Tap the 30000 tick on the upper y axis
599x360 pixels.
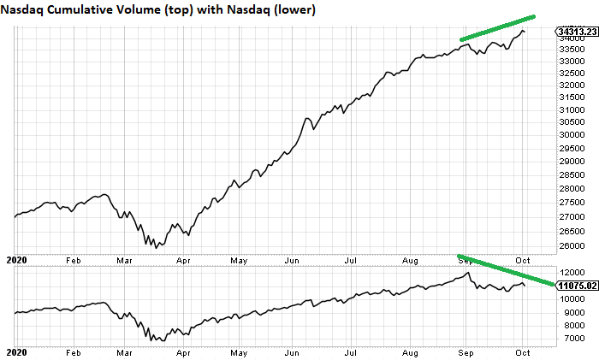571,134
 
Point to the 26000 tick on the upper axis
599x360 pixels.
571,245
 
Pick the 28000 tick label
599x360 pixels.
571,190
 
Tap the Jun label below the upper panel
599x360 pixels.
293,257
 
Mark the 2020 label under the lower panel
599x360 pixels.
16,351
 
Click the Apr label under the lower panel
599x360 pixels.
182,351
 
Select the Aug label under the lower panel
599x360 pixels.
408,351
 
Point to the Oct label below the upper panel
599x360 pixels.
521,257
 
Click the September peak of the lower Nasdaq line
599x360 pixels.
467,274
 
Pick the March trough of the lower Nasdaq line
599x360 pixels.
155,341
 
